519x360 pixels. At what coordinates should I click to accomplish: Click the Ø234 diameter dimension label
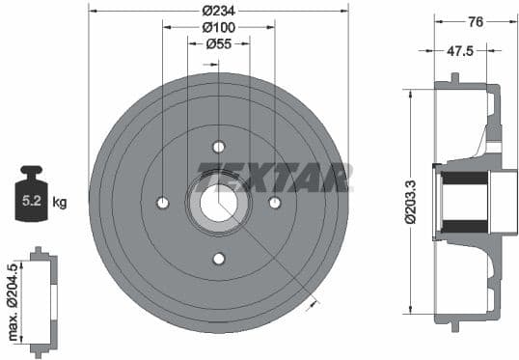click(x=218, y=10)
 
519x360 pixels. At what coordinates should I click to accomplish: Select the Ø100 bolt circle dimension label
click(x=218, y=26)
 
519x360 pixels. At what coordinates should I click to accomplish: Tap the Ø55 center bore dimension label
click(x=218, y=43)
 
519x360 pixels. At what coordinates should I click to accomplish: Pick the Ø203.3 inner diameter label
click(x=412, y=203)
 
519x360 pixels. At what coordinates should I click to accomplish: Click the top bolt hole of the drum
click(x=218, y=147)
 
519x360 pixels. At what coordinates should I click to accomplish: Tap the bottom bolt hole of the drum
click(x=218, y=258)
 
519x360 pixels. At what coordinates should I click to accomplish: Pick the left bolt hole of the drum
click(x=162, y=203)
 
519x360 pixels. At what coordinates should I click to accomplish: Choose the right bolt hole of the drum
click(x=274, y=203)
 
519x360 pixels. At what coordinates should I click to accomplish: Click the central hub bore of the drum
click(x=218, y=203)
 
